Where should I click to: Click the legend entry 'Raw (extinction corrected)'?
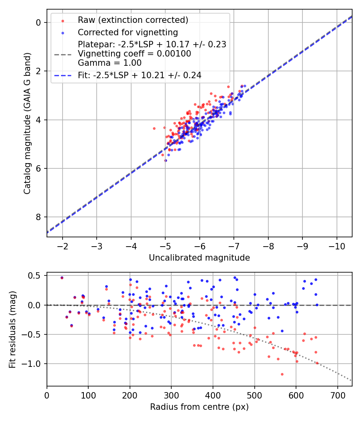pos(133,20)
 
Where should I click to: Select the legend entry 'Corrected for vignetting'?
pos(128,32)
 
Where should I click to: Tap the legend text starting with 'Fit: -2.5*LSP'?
pos(140,75)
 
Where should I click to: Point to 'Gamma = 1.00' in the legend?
pos(110,63)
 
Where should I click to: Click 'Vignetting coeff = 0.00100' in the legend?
pos(134,54)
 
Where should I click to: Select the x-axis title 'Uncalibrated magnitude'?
pos(199,258)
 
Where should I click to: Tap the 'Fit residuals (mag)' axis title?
pos(12,329)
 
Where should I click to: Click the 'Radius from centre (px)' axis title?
pos(199,407)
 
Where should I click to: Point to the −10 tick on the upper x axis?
pos(337,245)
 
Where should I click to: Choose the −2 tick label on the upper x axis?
pos(63,245)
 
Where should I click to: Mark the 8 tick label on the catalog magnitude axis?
pos(39,217)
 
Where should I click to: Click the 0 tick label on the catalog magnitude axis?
pos(39,22)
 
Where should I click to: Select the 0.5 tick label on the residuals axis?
pos(35,276)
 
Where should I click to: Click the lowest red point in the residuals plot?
pos(282,374)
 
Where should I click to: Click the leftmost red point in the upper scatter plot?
pos(154,128)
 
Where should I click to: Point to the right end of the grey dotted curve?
pos(351,381)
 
